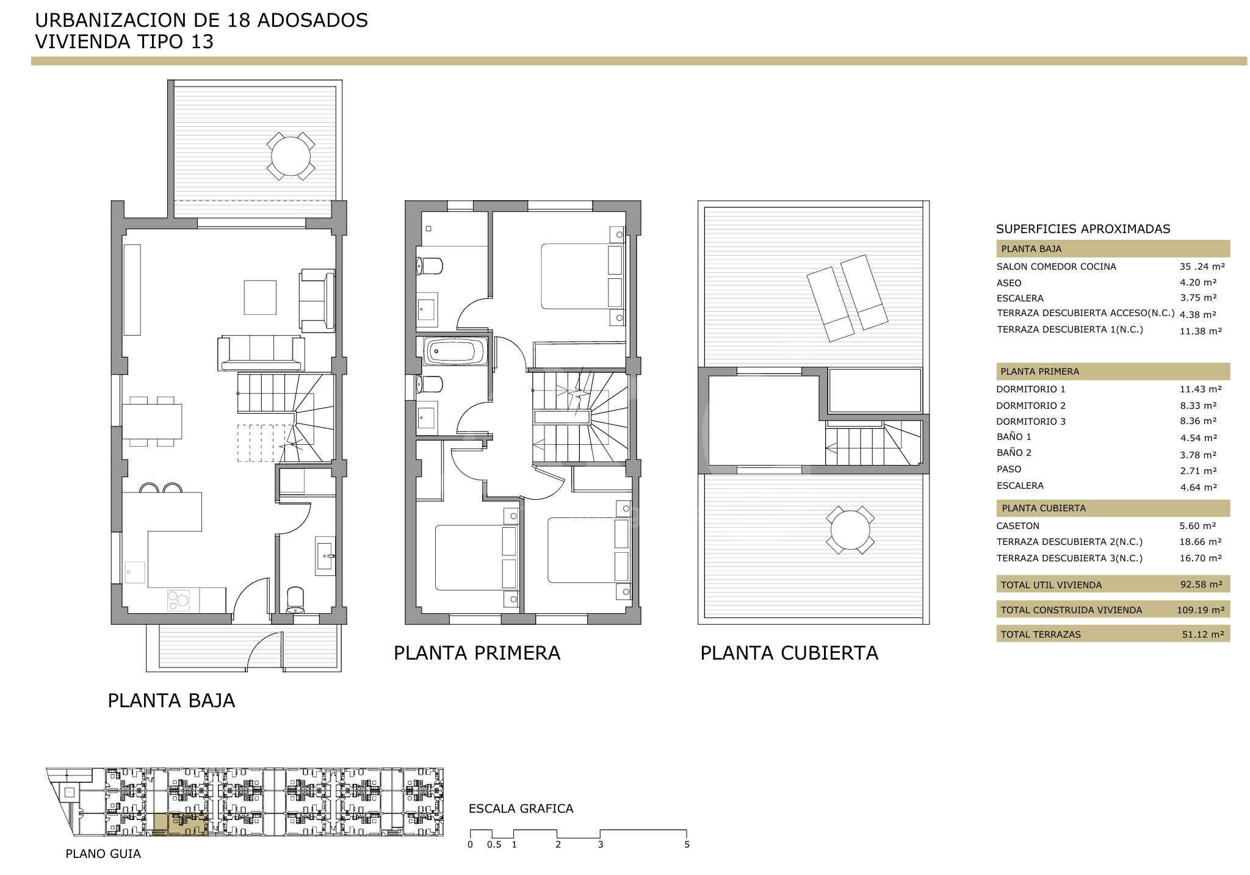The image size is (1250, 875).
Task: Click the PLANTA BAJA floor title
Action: (172, 700)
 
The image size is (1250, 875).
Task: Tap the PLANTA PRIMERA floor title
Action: (477, 653)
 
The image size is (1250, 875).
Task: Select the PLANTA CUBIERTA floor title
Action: (789, 653)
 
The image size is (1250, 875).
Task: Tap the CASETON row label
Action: (1018, 526)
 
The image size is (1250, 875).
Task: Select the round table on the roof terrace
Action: (850, 530)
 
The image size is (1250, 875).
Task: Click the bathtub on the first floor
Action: (455, 351)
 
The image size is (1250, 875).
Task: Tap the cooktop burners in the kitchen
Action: (178, 600)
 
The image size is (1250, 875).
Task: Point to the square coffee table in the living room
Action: (260, 297)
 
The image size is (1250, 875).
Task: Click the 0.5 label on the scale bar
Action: (494, 845)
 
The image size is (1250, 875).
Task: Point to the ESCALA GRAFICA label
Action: (521, 809)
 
